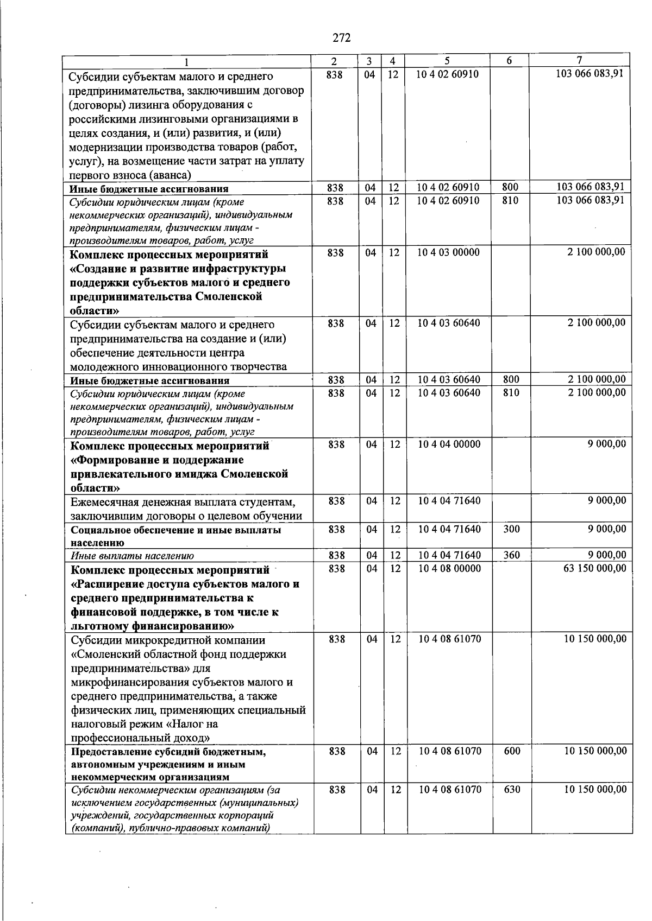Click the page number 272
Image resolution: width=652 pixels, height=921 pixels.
pyautogui.click(x=341, y=38)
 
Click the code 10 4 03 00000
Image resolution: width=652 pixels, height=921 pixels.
pyautogui.click(x=448, y=252)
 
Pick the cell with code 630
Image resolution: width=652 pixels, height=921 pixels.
pyautogui.click(x=512, y=790)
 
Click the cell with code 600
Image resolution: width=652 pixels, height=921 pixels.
pyautogui.click(x=512, y=751)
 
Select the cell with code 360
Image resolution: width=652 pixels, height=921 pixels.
pyautogui.click(x=511, y=555)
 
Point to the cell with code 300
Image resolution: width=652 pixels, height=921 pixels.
pyautogui.click(x=511, y=529)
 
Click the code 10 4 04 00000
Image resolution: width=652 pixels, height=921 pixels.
pyautogui.click(x=449, y=444)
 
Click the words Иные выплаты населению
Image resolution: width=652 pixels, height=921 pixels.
pyautogui.click(x=132, y=556)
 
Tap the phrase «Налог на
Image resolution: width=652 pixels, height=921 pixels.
pyautogui.click(x=192, y=724)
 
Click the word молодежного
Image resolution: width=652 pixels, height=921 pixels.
pyautogui.click(x=100, y=367)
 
